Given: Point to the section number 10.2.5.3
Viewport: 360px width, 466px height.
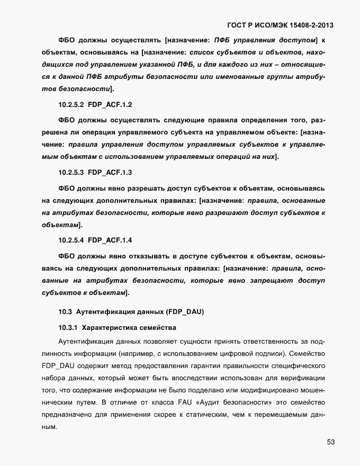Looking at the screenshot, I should coord(71,173).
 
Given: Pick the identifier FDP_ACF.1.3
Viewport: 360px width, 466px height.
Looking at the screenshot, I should coord(110,173).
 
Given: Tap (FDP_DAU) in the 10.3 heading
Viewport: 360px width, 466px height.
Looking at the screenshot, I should coord(184,312).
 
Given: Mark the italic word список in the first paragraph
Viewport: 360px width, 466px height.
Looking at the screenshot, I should coord(202,52).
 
